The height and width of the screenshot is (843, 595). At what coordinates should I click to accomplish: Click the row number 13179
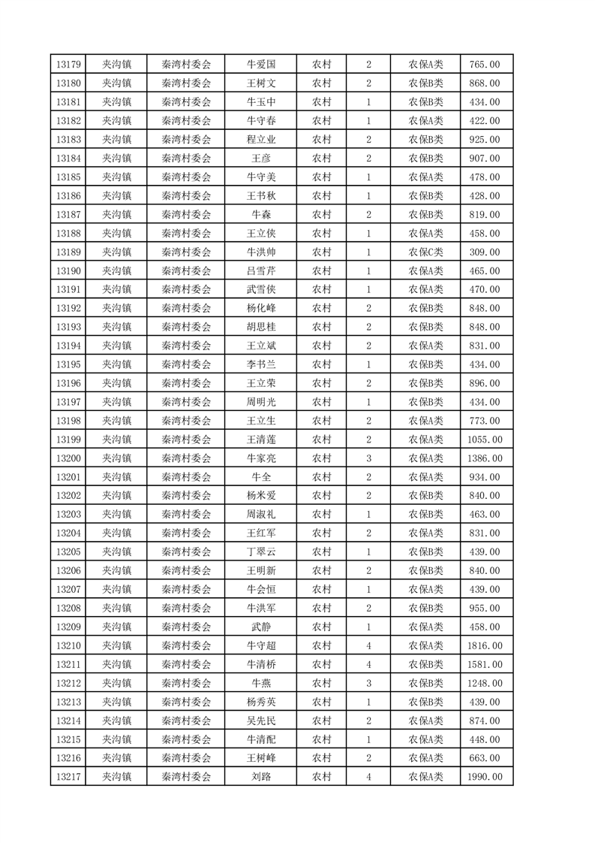click(x=68, y=65)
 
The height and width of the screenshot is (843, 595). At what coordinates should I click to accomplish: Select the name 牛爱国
click(x=261, y=65)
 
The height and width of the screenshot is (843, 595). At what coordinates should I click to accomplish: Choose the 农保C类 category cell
click(x=425, y=252)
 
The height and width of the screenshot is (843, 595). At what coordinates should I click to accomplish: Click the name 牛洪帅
click(x=261, y=252)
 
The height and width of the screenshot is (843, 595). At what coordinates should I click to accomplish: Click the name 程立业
click(x=261, y=140)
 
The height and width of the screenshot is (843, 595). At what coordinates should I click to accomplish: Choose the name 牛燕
click(x=261, y=683)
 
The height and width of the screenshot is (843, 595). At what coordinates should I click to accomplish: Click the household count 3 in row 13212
click(x=368, y=683)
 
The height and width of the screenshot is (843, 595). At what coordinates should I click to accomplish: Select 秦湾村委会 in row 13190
click(x=187, y=270)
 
